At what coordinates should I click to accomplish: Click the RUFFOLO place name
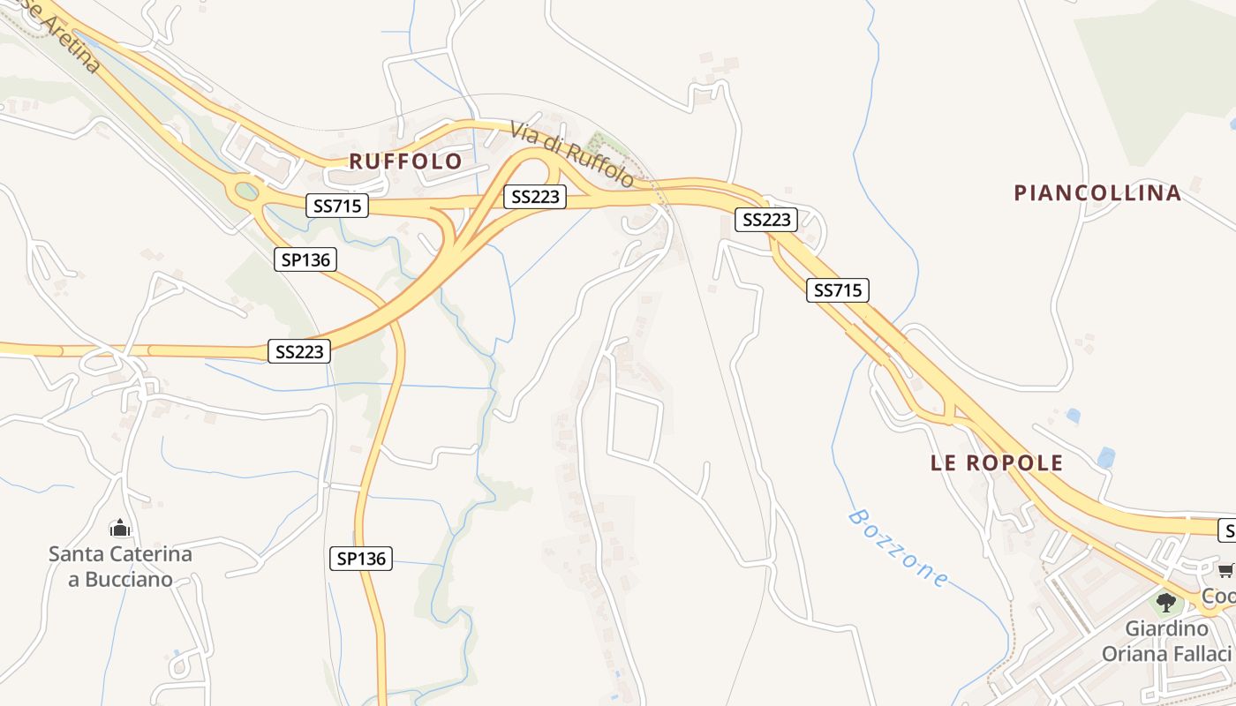pos(405,161)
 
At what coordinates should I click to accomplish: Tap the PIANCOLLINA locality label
pos(1097,193)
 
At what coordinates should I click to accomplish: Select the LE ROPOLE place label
pos(997,463)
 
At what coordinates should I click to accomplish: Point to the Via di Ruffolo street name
pos(572,154)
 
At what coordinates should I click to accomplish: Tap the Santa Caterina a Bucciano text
pos(120,567)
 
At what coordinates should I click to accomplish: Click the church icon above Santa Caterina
pos(119,529)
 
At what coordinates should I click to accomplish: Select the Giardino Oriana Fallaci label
pos(1166,642)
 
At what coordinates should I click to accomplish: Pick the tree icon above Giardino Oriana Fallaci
pos(1166,603)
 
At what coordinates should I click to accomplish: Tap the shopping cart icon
pos(1226,571)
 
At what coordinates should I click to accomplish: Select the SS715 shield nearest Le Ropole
pos(837,289)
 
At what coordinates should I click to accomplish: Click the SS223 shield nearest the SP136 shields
pos(300,351)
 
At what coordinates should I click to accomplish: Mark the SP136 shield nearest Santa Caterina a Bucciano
pos(361,558)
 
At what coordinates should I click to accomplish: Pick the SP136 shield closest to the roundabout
pos(305,259)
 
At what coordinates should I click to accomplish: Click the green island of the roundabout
pos(247,190)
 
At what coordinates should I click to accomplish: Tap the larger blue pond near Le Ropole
pos(1105,457)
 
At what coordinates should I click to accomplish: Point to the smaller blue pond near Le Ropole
pos(1073,415)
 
